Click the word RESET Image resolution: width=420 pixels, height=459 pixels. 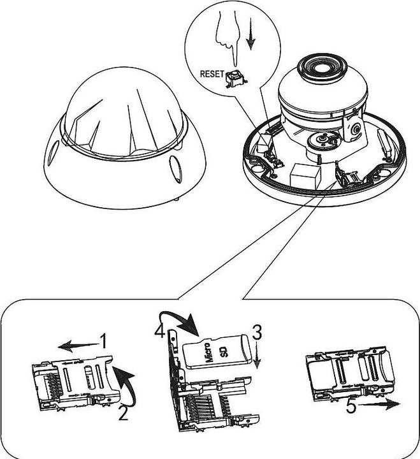pos(212,74)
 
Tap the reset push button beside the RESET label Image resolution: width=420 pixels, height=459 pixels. pos(236,79)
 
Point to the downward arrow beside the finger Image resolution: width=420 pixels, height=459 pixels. pos(250,34)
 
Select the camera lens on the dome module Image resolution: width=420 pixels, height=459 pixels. pos(322,68)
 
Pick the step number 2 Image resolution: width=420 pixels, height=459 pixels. pos(124,412)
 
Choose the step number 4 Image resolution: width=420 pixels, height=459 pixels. pos(160,330)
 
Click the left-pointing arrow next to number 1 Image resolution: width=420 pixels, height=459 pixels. pos(78,346)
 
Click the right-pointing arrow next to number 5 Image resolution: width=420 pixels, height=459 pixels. pos(379,405)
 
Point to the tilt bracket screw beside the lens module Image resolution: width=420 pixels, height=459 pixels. pos(356,129)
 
